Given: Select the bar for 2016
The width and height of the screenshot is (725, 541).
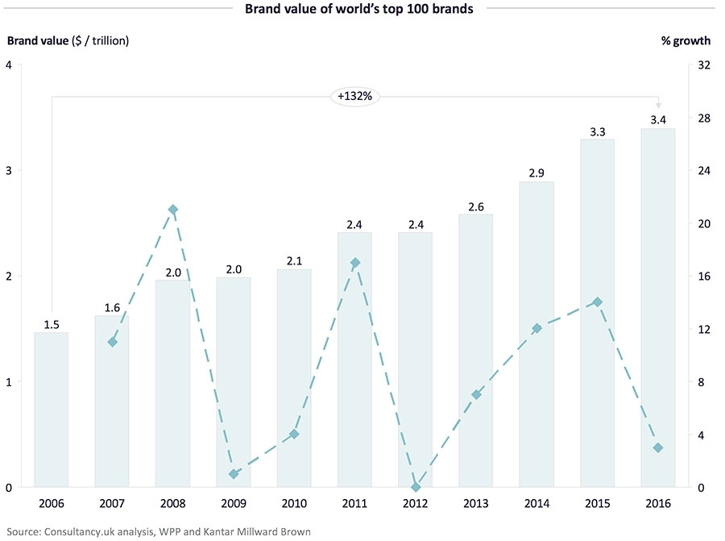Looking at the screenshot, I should click(x=658, y=307).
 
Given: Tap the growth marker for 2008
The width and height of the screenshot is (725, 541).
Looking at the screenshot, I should click(x=172, y=210).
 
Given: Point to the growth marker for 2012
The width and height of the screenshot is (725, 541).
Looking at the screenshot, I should click(x=416, y=487).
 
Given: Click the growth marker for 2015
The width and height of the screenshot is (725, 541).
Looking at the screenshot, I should click(x=597, y=302).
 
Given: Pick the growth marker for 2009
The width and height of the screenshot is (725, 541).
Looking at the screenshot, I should click(x=234, y=474).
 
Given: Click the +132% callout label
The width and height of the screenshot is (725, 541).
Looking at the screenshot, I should click(x=355, y=97).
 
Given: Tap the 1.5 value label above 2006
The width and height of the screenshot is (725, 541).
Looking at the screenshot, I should click(x=52, y=325).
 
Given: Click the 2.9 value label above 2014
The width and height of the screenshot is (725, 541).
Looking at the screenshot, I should click(x=536, y=174).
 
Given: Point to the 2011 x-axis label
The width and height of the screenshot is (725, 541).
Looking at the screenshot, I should click(x=354, y=505).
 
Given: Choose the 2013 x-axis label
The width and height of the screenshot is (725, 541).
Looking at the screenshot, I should click(x=476, y=505).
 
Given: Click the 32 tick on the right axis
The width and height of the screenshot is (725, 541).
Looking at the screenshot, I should click(x=703, y=65).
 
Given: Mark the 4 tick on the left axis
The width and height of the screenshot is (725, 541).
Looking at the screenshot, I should click(x=8, y=65).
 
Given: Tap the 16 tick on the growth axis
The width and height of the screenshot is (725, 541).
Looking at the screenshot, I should click(x=703, y=277).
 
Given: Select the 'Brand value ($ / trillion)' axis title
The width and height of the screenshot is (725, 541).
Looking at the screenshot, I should click(x=68, y=40).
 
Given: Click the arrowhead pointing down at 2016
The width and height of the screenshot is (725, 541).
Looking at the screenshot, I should click(x=658, y=106).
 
